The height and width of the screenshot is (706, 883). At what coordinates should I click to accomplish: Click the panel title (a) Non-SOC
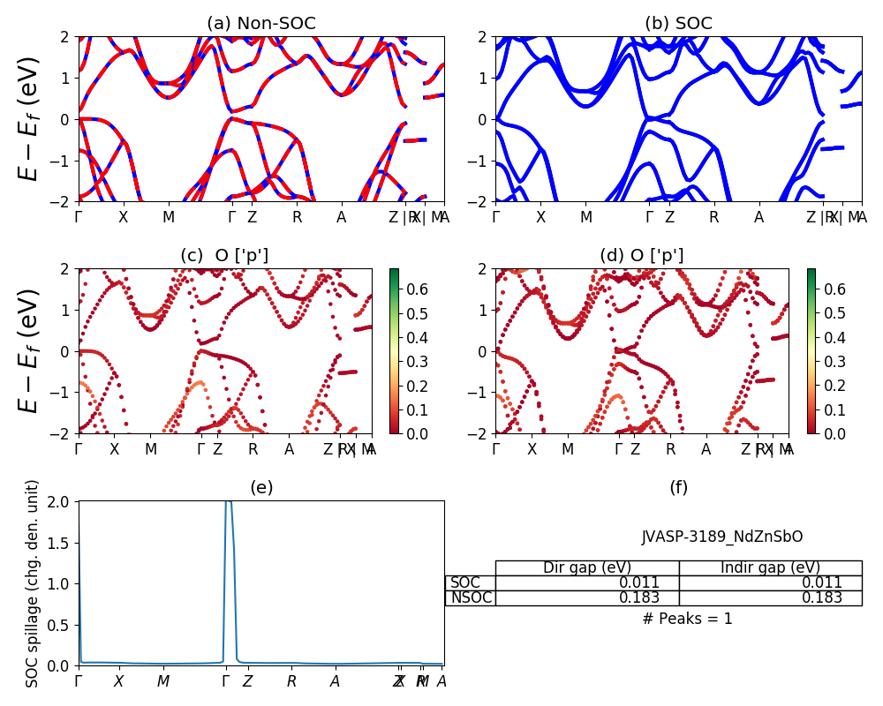coord(260,24)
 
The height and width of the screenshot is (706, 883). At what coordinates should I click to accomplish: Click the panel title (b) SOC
coord(678,24)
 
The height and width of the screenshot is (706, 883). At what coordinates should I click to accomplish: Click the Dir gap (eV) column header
coord(587,567)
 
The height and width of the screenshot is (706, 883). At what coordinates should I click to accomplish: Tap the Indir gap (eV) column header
coord(770,567)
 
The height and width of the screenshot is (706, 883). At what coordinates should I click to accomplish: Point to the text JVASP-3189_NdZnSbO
coord(722,537)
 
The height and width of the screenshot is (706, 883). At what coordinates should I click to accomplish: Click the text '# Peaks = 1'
coord(687,619)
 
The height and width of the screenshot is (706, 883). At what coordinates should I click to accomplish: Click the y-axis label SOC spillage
coord(33,583)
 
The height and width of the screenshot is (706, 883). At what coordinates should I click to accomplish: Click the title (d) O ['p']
coord(642,256)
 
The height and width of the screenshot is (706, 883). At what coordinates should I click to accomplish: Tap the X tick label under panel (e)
coord(118,681)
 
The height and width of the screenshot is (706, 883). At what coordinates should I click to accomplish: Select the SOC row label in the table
coord(465,582)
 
